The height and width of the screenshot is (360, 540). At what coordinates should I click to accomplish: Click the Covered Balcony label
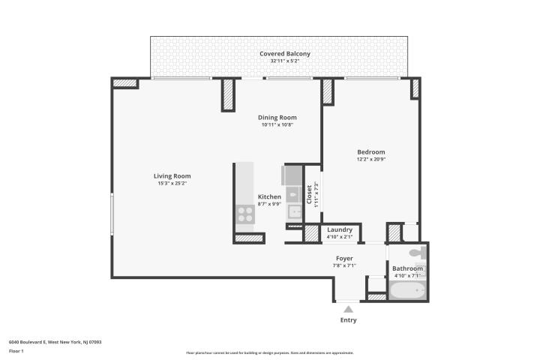pyautogui.click(x=285, y=54)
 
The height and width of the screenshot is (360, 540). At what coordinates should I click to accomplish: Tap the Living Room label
pyautogui.click(x=172, y=176)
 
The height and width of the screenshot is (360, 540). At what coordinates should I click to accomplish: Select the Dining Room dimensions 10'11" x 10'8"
pyautogui.click(x=277, y=125)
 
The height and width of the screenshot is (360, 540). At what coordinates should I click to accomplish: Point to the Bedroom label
pyautogui.click(x=370, y=152)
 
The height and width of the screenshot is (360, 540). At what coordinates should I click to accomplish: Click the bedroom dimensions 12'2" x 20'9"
pyautogui.click(x=370, y=159)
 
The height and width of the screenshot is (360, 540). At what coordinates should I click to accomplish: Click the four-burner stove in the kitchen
pyautogui.click(x=245, y=216)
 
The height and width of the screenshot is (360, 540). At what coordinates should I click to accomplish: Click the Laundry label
pyautogui.click(x=340, y=229)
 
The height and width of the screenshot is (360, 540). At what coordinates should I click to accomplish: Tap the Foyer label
pyautogui.click(x=344, y=258)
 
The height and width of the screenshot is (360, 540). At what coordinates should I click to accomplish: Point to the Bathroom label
pyautogui.click(x=409, y=268)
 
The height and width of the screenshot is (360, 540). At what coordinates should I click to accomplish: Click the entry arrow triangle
pyautogui.click(x=348, y=308)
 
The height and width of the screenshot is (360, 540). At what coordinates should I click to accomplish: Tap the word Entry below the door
pyautogui.click(x=348, y=320)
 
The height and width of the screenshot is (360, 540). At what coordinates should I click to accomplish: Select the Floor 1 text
pyautogui.click(x=16, y=350)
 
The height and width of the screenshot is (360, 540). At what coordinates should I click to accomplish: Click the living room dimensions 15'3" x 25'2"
pyautogui.click(x=172, y=183)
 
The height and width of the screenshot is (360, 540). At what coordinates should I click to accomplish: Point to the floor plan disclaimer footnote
pyautogui.click(x=269, y=352)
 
